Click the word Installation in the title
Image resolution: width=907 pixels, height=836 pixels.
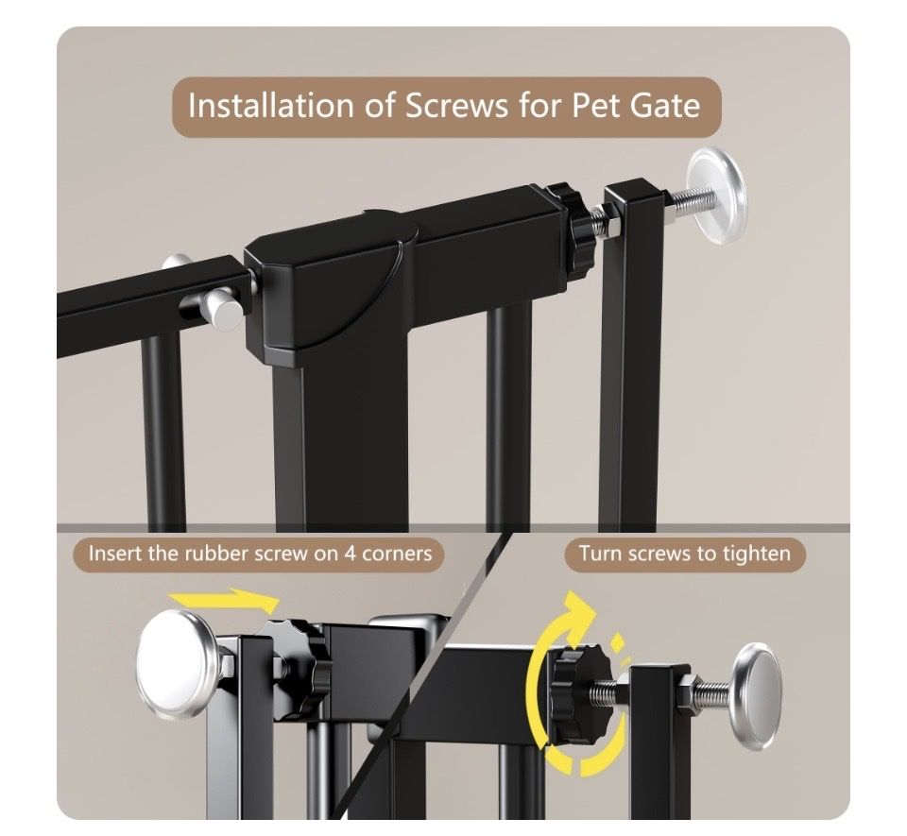pos(271,106)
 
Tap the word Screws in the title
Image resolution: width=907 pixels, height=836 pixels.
pos(455,106)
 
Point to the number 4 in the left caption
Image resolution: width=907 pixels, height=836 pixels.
pos(350,554)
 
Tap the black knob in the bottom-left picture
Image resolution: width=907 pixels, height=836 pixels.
pos(297,668)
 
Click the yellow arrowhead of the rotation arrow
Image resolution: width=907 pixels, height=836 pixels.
pos(580,614)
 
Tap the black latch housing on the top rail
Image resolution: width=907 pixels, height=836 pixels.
pos(331,289)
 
